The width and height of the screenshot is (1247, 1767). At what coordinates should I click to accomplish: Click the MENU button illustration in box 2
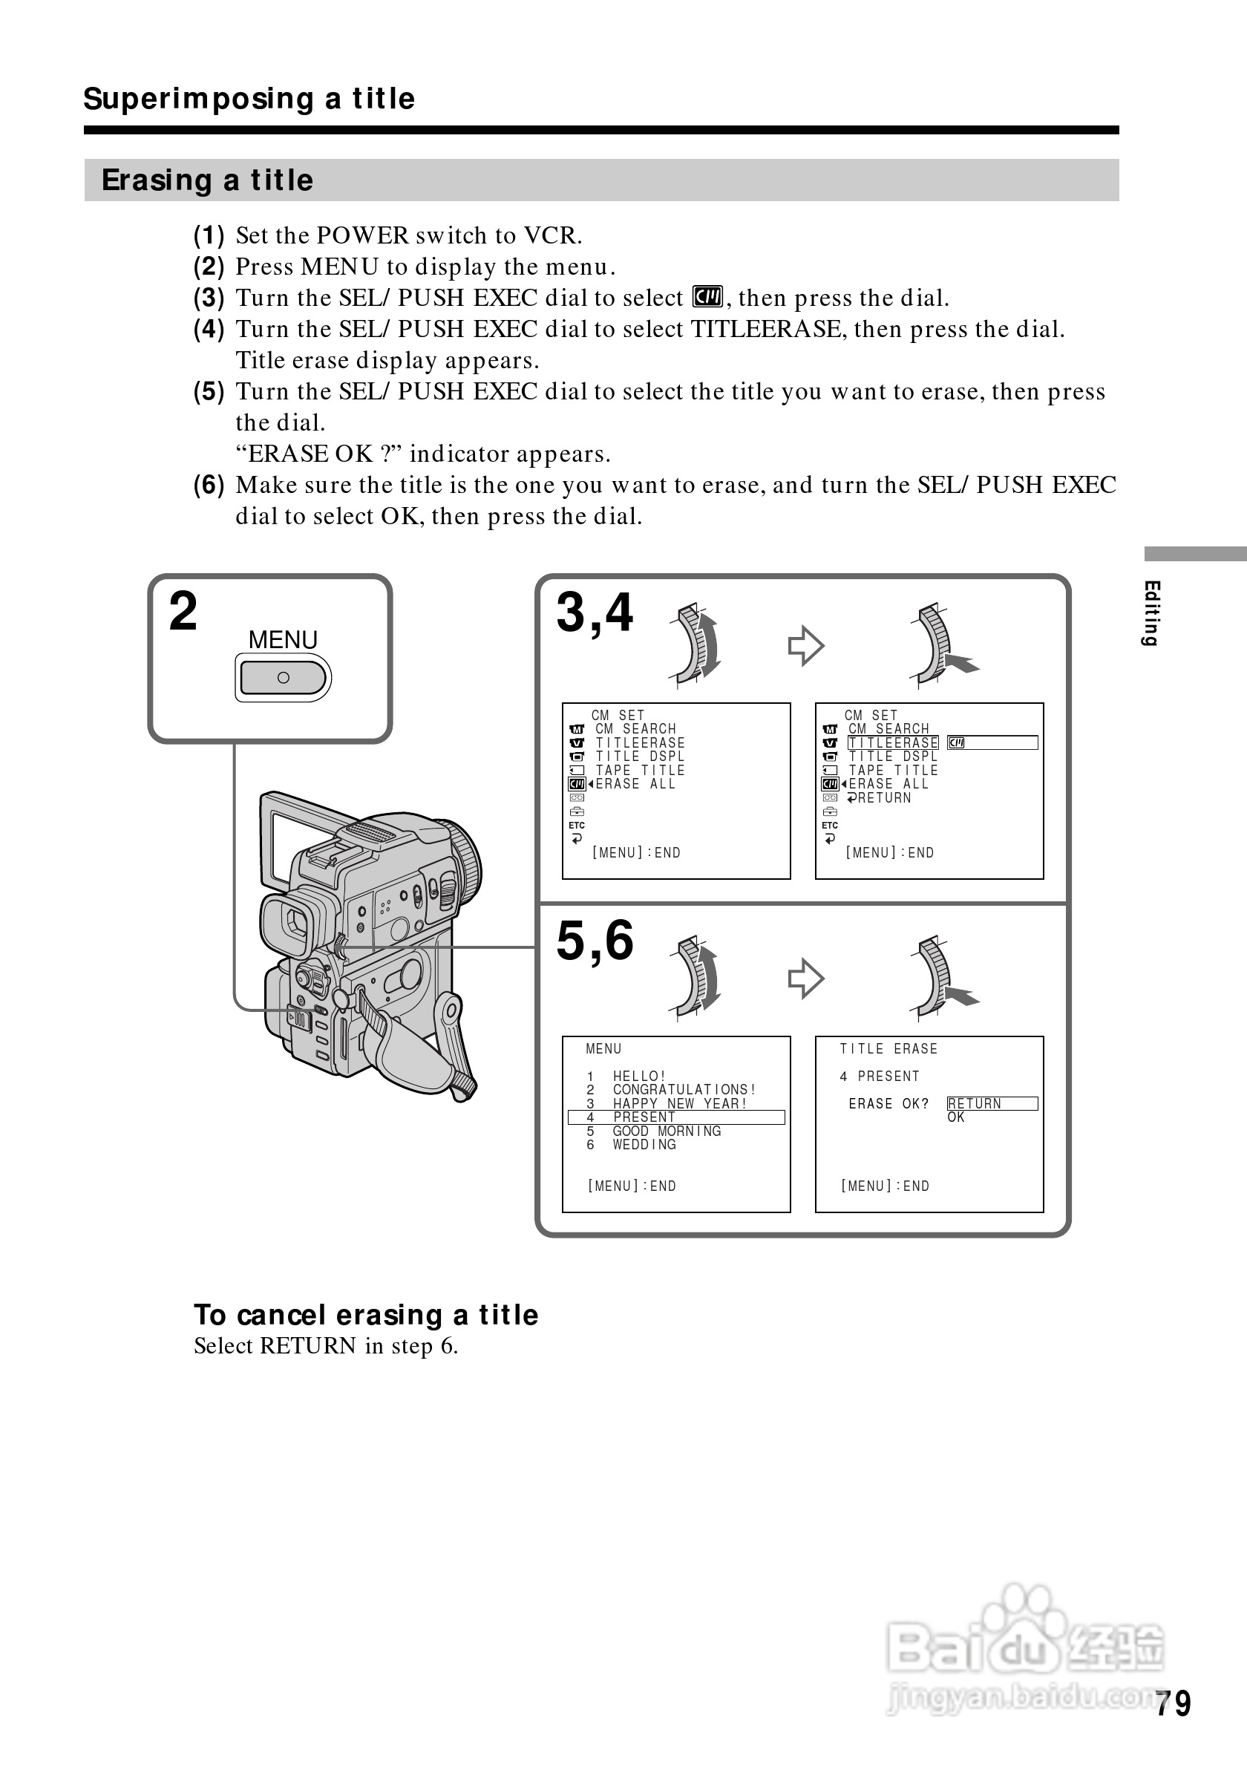283,678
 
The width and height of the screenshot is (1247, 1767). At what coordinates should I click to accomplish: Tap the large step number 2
183,612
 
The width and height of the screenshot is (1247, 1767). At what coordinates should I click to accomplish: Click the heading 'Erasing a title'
208,180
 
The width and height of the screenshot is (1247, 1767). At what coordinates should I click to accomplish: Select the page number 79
1172,1703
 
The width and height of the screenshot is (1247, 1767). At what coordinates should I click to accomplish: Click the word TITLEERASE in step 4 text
765,330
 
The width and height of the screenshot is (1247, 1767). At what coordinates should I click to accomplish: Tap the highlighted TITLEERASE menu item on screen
892,742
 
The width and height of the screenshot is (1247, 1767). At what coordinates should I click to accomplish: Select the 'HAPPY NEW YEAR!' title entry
679,1103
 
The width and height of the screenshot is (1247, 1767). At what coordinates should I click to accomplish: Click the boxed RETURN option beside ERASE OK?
975,1103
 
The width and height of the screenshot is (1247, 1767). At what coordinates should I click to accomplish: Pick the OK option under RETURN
956,1117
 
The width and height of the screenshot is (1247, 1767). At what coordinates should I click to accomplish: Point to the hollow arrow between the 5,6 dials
805,979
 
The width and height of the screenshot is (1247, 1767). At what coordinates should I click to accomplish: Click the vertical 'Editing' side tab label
1151,613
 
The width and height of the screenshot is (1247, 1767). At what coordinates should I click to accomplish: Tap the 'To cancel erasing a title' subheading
365,1316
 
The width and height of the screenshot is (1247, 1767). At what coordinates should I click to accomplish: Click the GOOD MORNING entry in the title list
667,1131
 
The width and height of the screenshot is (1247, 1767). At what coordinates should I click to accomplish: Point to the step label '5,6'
595,941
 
